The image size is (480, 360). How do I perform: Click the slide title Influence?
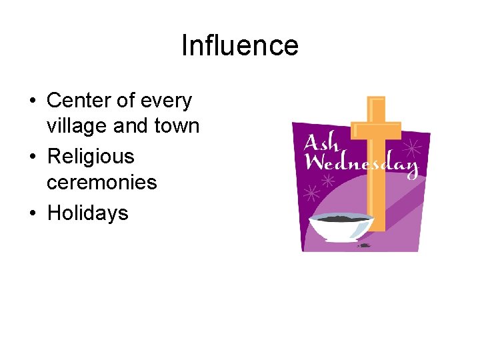click(240, 45)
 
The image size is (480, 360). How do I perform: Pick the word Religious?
click(90, 157)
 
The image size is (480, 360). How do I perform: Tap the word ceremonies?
click(101, 181)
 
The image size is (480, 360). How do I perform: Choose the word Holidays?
click(87, 213)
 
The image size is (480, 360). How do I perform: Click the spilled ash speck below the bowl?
click(363, 245)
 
